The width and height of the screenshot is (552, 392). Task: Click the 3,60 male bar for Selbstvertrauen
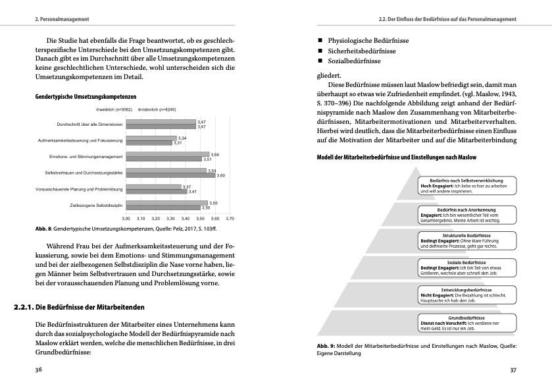click(170, 176)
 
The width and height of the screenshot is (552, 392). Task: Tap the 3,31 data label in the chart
click(178, 143)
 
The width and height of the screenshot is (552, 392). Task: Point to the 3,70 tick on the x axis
click(230, 218)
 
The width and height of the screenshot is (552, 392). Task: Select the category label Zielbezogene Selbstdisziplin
click(96, 206)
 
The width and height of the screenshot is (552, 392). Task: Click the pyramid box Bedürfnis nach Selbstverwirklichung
click(466, 185)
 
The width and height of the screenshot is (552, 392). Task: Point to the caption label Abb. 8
click(44, 229)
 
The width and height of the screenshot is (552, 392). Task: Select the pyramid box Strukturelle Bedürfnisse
click(466, 240)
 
